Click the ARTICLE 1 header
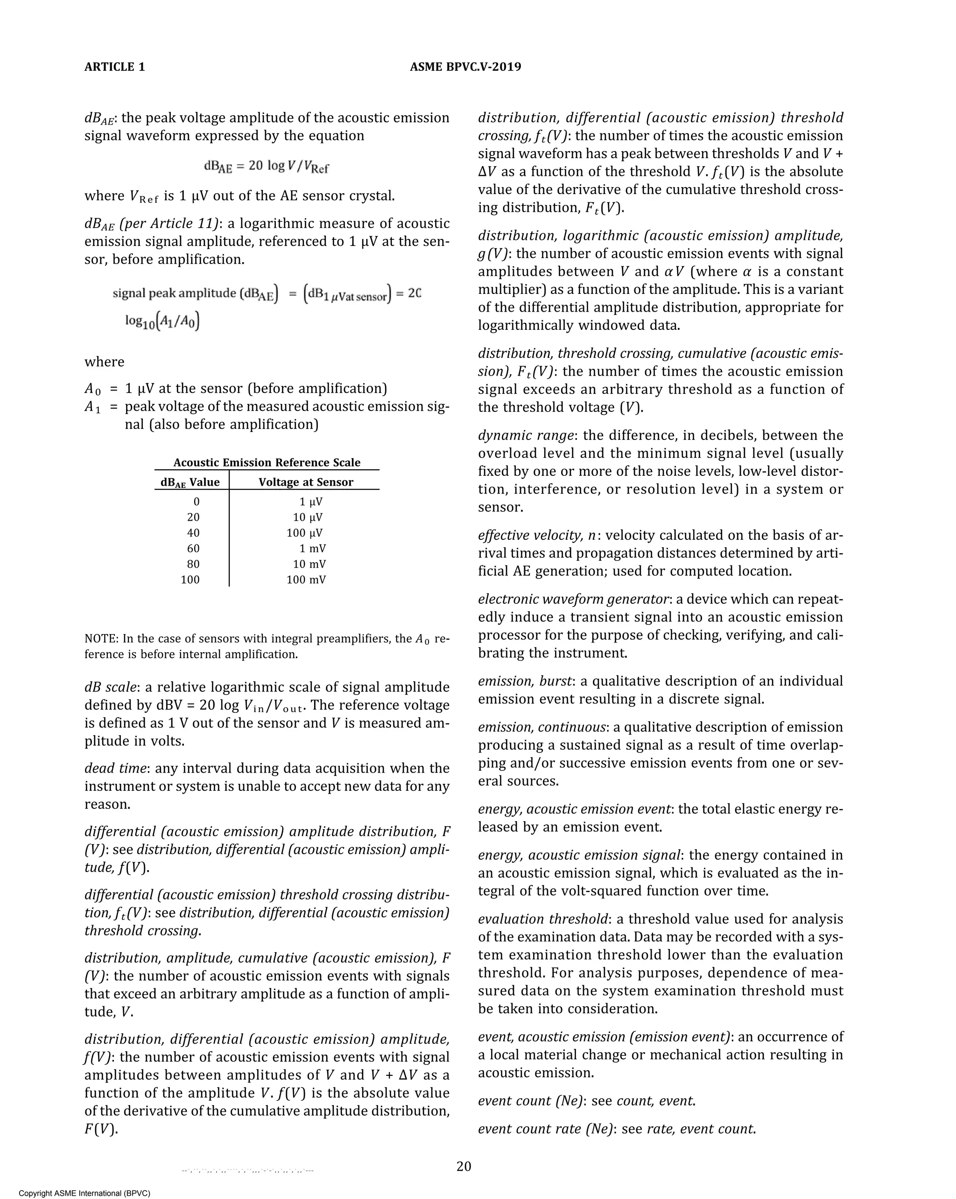[x=115, y=67]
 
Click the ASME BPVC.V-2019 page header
[x=465, y=67]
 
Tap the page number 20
[x=464, y=1166]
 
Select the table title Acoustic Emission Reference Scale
[x=267, y=463]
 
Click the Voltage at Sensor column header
[x=305, y=482]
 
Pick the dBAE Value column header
[x=190, y=482]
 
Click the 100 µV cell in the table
[x=304, y=533]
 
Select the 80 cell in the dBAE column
[x=193, y=564]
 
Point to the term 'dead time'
[x=115, y=768]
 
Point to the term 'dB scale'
[x=110, y=687]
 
